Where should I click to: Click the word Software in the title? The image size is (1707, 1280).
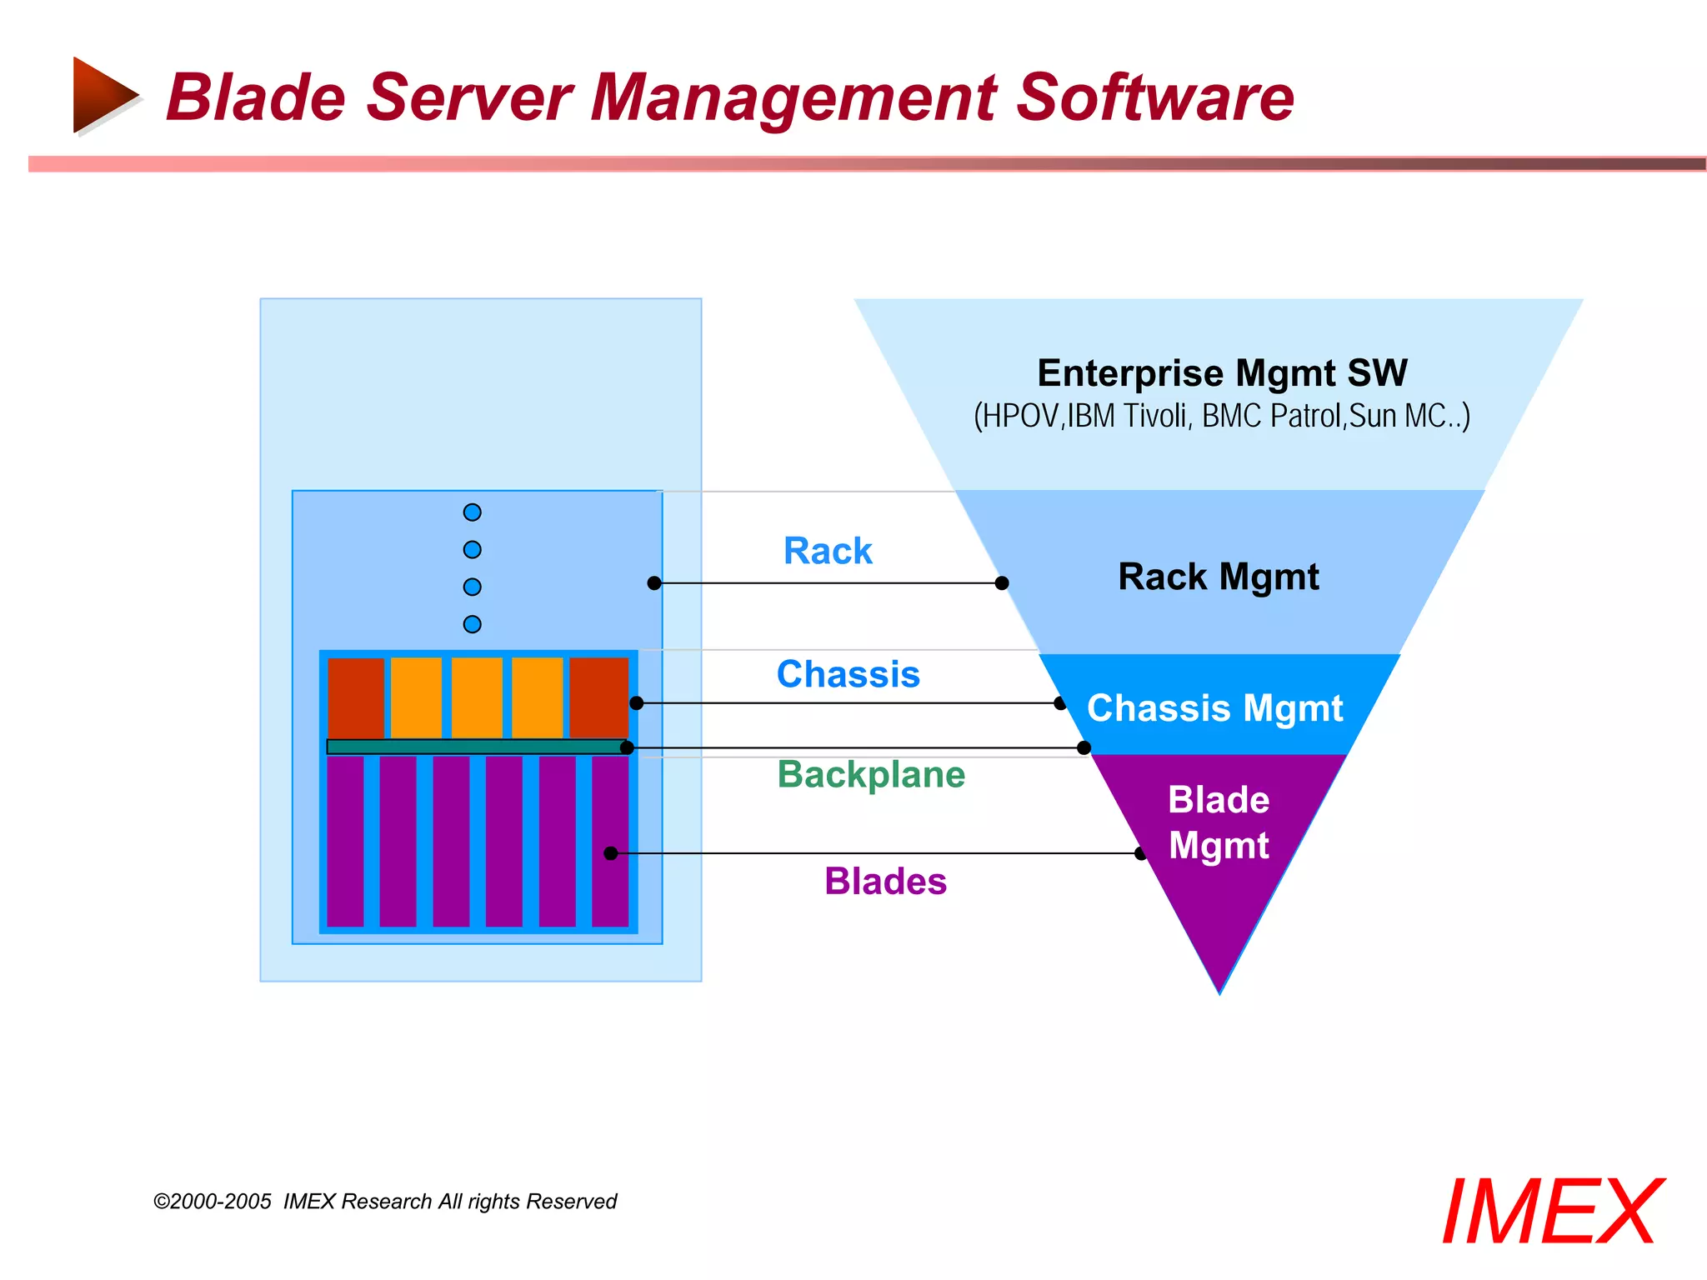click(1154, 97)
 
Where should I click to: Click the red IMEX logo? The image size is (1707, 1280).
click(1552, 1212)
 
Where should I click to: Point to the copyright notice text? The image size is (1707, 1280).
click(385, 1201)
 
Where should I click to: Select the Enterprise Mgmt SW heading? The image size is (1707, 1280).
click(1222, 372)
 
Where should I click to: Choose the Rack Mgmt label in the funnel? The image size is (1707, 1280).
click(1218, 577)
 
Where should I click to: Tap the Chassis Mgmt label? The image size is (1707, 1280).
click(1214, 708)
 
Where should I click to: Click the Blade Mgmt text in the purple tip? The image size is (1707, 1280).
click(1219, 822)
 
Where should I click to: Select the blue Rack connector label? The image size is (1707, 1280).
click(827, 551)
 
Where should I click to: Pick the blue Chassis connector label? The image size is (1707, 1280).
click(848, 674)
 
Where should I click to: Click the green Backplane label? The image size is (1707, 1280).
click(871, 774)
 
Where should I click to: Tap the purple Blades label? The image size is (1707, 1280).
click(885, 881)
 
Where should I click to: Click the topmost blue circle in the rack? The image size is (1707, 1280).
click(472, 512)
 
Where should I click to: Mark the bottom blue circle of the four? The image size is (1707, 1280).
click(472, 624)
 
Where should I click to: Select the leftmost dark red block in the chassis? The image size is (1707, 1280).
click(356, 697)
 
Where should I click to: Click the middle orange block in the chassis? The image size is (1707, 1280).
click(477, 697)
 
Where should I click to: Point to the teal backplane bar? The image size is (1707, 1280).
click(475, 747)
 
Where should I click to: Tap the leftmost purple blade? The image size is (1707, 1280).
click(345, 840)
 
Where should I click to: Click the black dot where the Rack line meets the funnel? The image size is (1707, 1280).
click(1002, 583)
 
